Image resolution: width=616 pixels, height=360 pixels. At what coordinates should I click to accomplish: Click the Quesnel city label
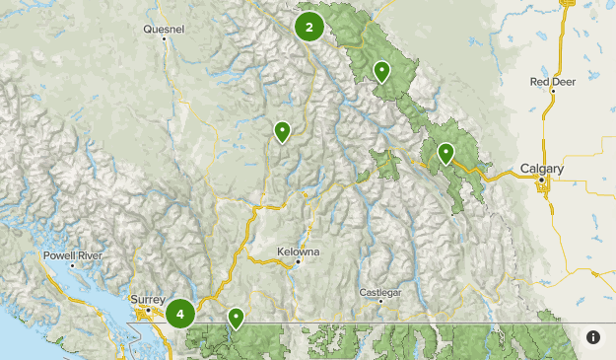click(164, 30)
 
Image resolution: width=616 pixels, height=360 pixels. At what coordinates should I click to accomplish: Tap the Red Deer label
click(552, 82)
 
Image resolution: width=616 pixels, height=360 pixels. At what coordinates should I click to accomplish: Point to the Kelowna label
click(299, 252)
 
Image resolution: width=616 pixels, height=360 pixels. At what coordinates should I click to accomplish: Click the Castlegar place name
click(381, 292)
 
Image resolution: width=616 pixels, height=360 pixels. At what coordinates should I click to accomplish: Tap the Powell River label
click(72, 255)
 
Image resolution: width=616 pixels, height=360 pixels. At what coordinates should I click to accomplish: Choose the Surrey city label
click(149, 299)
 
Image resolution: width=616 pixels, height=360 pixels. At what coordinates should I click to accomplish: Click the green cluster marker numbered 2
click(309, 27)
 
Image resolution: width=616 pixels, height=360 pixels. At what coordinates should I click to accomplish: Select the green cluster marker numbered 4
click(180, 314)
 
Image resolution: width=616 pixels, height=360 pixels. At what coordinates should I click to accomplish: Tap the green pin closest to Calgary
click(445, 153)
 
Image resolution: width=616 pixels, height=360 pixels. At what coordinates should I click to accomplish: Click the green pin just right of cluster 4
click(237, 318)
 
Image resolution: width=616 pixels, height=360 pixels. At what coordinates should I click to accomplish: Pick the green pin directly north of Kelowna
click(282, 130)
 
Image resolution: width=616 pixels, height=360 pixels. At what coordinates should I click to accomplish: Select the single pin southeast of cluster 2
click(381, 70)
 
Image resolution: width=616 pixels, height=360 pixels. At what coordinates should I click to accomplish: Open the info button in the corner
click(593, 337)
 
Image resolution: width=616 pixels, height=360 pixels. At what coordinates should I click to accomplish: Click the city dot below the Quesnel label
click(165, 40)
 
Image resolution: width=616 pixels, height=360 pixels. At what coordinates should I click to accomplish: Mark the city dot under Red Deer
click(554, 92)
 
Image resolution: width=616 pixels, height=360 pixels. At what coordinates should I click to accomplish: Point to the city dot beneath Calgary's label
click(540, 180)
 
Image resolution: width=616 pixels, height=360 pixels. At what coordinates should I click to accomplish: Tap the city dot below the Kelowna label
click(297, 261)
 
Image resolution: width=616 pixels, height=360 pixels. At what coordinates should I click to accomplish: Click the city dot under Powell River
click(72, 264)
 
